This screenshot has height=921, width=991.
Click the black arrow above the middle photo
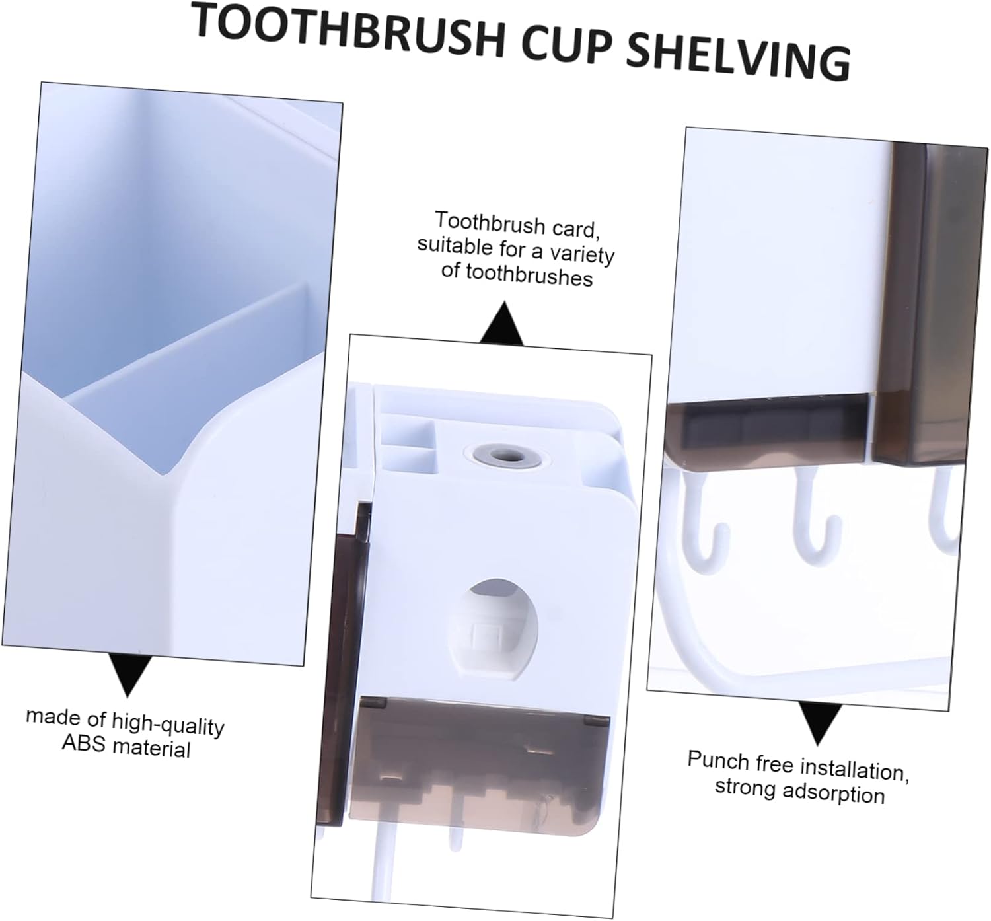pos(501,324)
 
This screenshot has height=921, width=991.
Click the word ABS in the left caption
pos(85,743)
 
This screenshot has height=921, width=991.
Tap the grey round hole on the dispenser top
pos(507,455)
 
